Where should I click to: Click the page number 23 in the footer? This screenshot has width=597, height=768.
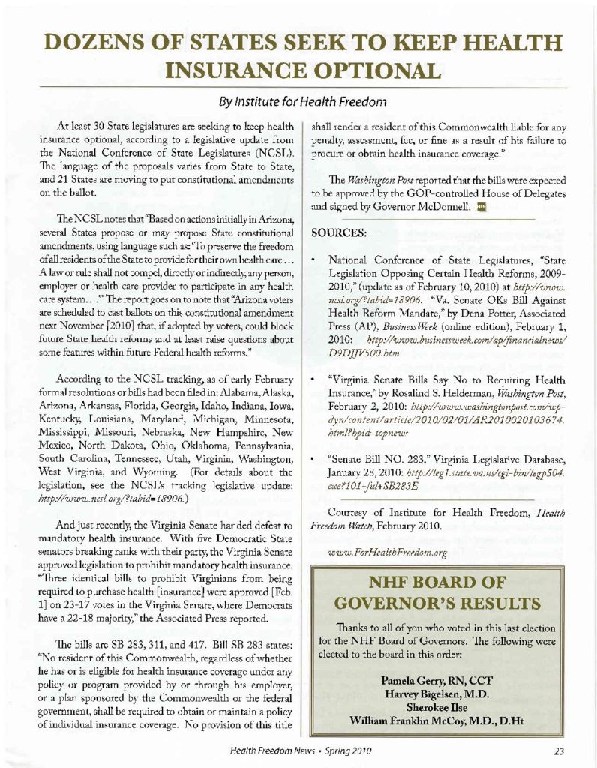pos(559,751)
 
